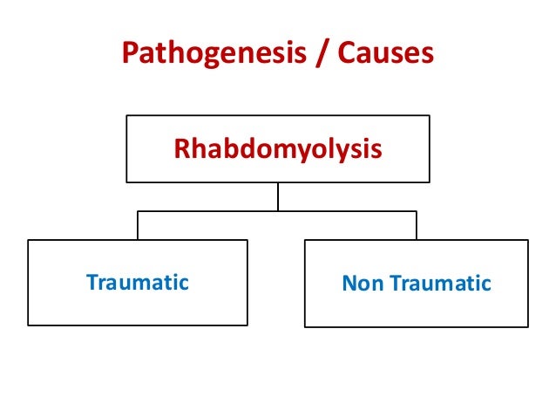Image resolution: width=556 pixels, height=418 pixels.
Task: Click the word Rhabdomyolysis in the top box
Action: tap(278, 149)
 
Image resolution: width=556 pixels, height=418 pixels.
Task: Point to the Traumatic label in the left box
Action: tap(138, 282)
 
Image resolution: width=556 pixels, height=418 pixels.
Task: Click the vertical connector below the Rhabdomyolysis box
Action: tap(278, 196)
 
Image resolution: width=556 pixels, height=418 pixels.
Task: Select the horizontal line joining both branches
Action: tap(209, 211)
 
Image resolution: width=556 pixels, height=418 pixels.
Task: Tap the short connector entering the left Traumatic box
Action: tap(138, 225)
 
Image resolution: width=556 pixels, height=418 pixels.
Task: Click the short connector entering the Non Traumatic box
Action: tap(417, 225)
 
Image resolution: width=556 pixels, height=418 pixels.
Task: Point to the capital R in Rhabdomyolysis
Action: tap(181, 149)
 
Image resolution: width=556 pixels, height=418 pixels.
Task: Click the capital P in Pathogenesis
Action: tap(130, 54)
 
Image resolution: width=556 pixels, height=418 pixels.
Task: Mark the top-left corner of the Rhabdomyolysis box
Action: tap(126, 116)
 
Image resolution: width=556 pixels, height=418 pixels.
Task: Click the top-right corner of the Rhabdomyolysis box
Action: tap(430, 116)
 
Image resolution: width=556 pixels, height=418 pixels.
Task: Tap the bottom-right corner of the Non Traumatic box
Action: tap(528, 326)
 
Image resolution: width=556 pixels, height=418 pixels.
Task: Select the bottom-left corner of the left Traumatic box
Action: tap(29, 325)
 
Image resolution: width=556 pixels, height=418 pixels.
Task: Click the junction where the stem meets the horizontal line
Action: tap(278, 211)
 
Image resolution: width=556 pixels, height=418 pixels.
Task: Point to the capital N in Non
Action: tap(349, 283)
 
